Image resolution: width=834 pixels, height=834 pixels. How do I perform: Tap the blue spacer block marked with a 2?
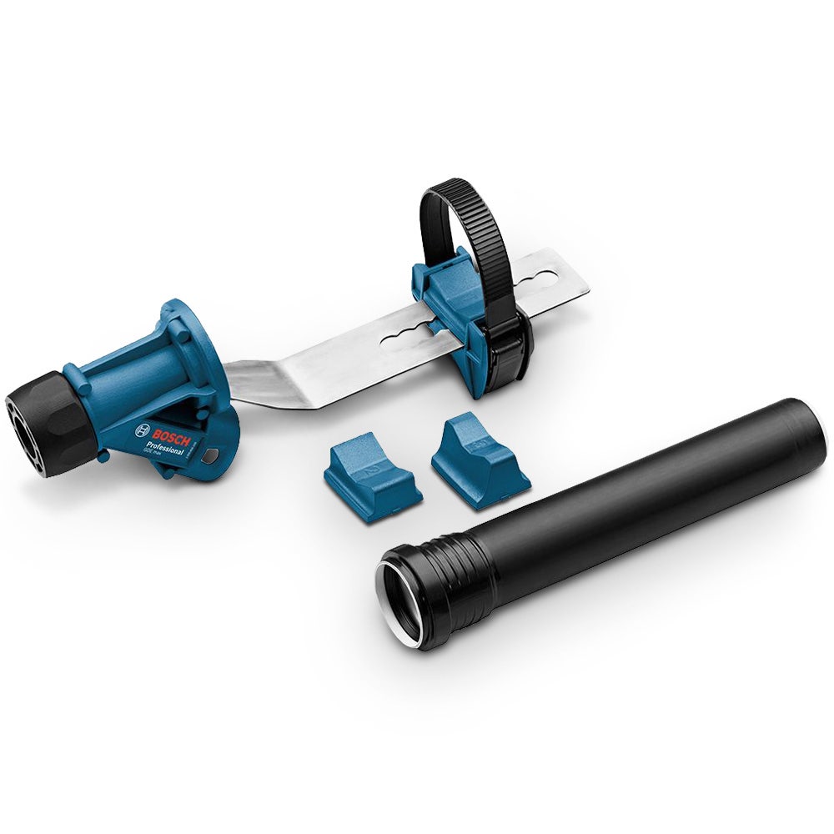(x=371, y=475)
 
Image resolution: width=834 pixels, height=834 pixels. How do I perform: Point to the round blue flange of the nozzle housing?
(x=203, y=350)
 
